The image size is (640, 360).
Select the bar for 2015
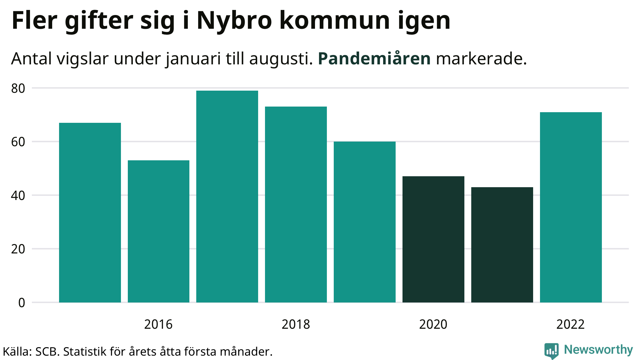pyautogui.click(x=90, y=212)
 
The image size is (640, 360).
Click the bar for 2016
pyautogui.click(x=158, y=231)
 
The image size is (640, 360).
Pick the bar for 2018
pyautogui.click(x=296, y=204)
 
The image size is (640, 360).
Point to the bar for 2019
pyautogui.click(x=365, y=222)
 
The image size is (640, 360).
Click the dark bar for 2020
pyautogui.click(x=433, y=239)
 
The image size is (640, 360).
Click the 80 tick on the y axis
pyautogui.click(x=18, y=88)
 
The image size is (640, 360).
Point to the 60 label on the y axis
pyautogui.click(x=18, y=142)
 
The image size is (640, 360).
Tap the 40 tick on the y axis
pyautogui.click(x=18, y=196)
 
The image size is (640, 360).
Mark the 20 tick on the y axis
pyautogui.click(x=18, y=249)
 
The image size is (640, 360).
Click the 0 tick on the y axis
pyautogui.click(x=22, y=302)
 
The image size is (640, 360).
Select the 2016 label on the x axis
pyautogui.click(x=158, y=324)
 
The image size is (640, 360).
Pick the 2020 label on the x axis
pyautogui.click(x=433, y=324)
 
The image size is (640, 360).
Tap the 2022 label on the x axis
pyautogui.click(x=570, y=324)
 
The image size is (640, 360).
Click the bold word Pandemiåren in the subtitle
pyautogui.click(x=374, y=59)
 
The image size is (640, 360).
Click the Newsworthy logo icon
pyautogui.click(x=552, y=351)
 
